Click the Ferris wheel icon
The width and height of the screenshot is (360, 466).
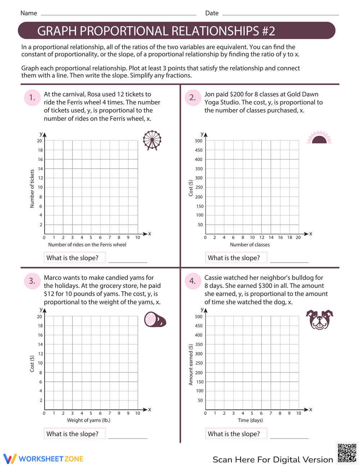click(152, 140)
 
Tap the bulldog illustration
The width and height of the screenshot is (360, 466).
click(319, 319)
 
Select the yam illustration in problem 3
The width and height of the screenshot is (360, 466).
click(155, 319)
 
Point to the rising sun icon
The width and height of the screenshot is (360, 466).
click(319, 138)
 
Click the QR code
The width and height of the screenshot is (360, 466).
click(347, 453)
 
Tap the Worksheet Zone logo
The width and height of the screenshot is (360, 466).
click(44, 459)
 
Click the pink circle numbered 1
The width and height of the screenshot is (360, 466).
click(32, 98)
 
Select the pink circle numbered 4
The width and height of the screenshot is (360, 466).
click(193, 281)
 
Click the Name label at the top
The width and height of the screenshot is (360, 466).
click(29, 13)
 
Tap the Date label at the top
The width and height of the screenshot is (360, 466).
click(212, 13)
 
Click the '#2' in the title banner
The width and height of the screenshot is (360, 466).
click(268, 31)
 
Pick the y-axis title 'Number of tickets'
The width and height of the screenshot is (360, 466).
click(32, 188)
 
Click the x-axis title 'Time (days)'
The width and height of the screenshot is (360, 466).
click(250, 420)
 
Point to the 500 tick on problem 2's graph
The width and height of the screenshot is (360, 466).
click(199, 141)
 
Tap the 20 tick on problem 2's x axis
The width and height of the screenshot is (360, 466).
click(298, 237)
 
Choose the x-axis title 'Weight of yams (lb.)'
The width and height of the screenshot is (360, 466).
click(89, 420)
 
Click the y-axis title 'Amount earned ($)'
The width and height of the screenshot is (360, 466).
click(191, 364)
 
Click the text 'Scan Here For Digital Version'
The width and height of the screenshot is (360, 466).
click(273, 460)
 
